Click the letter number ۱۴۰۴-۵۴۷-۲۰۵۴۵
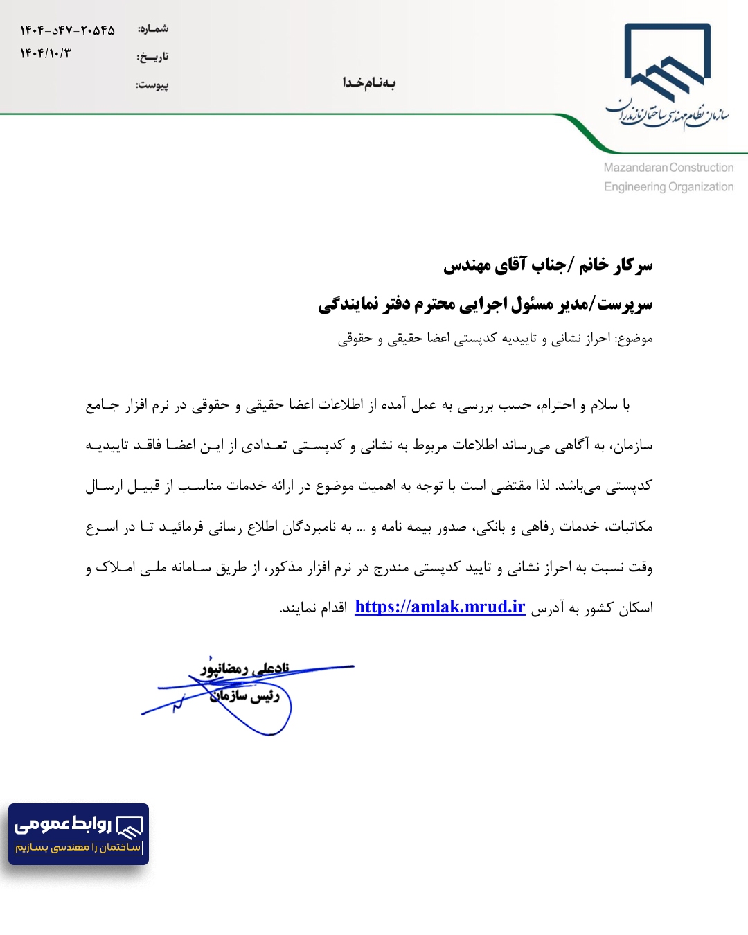coord(67,30)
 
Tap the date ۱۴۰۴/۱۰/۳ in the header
coord(46,53)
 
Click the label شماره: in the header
coord(153,29)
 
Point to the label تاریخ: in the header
coord(152,57)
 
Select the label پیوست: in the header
coord(152,85)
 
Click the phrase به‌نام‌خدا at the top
coord(369,83)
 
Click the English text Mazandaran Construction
coord(668,168)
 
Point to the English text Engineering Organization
coord(668,187)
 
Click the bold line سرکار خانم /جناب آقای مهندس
coord(548,265)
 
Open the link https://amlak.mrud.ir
coord(440,607)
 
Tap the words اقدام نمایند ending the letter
coord(313,608)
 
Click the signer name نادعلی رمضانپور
coord(245,668)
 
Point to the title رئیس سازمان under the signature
coord(245,695)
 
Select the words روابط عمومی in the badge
coord(64,824)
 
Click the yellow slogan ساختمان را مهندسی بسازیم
coord(78,847)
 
